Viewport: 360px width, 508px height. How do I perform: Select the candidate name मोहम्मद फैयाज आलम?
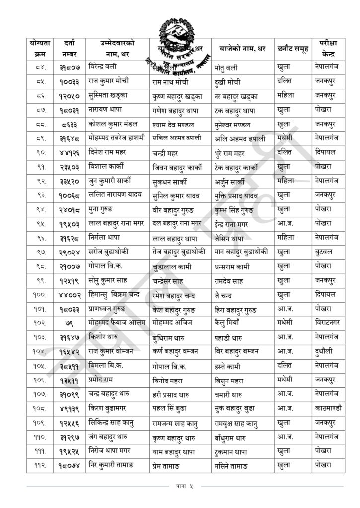[x=117, y=322]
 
